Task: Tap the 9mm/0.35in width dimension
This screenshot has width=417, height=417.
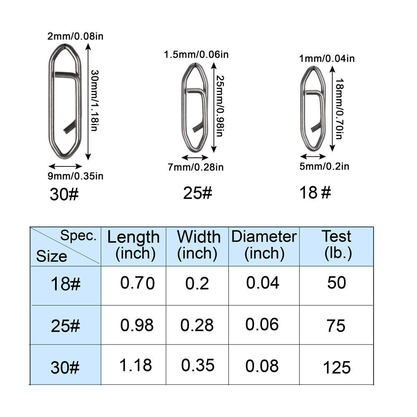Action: [x=76, y=176]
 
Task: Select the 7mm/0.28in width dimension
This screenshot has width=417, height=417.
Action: [x=196, y=167]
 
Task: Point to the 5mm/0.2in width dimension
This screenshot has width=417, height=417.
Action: [x=324, y=166]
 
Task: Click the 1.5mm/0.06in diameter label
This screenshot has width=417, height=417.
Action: [x=196, y=55]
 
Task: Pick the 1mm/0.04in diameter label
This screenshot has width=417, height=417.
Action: [x=327, y=59]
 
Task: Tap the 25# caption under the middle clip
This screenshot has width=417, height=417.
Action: [x=198, y=193]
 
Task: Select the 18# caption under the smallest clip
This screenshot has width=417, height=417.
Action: [x=315, y=193]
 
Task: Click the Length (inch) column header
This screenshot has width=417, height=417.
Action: [x=133, y=245]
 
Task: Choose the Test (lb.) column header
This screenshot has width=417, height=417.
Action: [x=336, y=245]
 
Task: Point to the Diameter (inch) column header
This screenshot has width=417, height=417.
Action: [x=264, y=245]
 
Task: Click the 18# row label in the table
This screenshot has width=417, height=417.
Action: [x=65, y=284]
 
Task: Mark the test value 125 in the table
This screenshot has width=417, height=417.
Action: [x=337, y=367]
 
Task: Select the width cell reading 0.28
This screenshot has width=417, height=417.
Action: [x=197, y=325]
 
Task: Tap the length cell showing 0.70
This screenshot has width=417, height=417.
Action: [x=137, y=283]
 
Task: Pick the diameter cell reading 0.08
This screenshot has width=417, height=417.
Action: [x=262, y=366]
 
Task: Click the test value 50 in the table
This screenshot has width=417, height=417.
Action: [x=337, y=283]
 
